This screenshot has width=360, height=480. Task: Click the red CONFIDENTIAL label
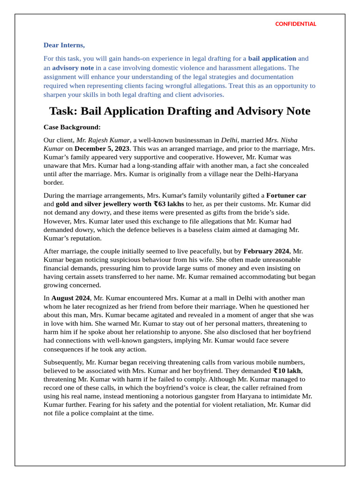coord(295,24)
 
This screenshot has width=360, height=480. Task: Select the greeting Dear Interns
coord(64,45)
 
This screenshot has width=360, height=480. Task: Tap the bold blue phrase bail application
coord(272,59)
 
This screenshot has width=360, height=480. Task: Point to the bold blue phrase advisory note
coord(73,67)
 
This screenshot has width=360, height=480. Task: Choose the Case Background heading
coord(72,127)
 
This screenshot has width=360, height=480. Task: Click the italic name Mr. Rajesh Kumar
coord(103,140)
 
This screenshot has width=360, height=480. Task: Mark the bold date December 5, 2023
coord(102,149)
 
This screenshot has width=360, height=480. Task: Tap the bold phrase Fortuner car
coord(286,195)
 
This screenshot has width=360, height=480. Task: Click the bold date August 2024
coord(70,298)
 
